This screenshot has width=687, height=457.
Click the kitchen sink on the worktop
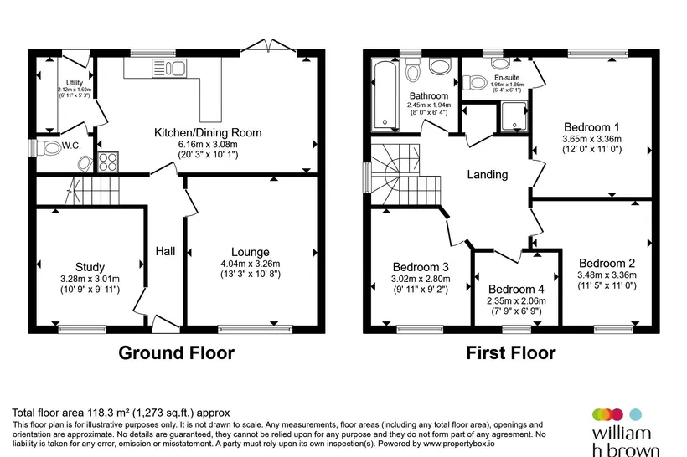pos(169,69)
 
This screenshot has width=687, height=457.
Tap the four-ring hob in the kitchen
pos(108,162)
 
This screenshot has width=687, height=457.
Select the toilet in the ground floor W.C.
pos(49,148)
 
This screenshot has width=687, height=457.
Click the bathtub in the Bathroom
pos(385,95)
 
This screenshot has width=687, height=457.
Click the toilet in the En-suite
pos(475,82)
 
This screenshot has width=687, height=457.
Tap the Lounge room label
pos(251,252)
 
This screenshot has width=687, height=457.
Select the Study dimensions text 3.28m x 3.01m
pos(90,279)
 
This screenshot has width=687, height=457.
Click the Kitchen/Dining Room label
pos(208,132)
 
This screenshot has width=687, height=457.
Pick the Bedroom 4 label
pos(516,289)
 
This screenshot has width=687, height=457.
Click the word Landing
pos(488,175)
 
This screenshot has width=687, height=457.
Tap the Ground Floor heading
pos(176,353)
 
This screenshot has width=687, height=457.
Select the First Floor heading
pos(511,353)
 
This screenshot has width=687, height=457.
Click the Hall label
pos(165,251)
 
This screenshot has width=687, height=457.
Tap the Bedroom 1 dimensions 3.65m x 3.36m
pos(591,139)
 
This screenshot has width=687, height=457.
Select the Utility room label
pos(75,83)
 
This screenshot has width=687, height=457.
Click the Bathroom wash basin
pos(440,66)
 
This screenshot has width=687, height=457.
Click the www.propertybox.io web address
pos(459,444)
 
